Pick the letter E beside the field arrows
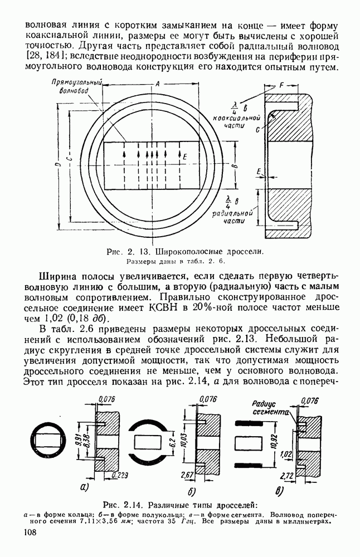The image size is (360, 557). click(184, 158)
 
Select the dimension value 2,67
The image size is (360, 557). click(188, 474)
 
